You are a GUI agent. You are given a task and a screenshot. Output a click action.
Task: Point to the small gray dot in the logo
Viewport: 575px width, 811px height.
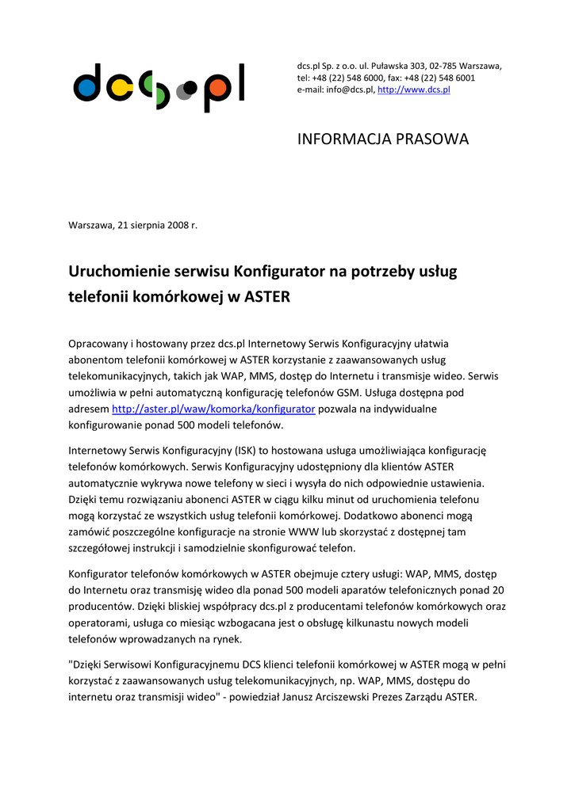(x=182, y=92)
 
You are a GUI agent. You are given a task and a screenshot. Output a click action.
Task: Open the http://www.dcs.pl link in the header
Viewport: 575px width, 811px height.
(x=413, y=90)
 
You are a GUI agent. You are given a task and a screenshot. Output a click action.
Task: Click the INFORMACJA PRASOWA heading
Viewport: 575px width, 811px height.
(x=383, y=139)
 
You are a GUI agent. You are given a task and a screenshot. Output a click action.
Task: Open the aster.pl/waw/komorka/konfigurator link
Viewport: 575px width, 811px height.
(x=213, y=409)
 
